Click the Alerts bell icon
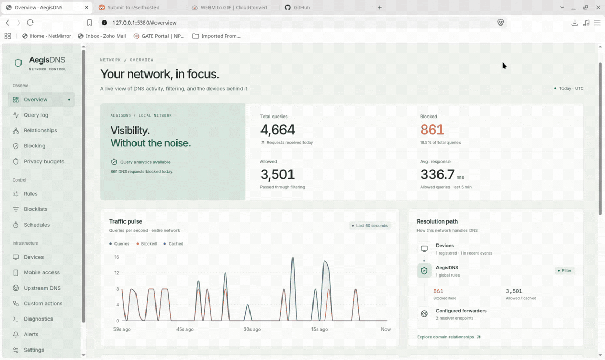pyautogui.click(x=16, y=335)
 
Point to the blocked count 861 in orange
pyautogui.click(x=432, y=130)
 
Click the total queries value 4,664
pyautogui.click(x=277, y=130)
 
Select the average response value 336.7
pyautogui.click(x=437, y=175)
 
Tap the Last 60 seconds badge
pyautogui.click(x=370, y=226)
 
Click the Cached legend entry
pyautogui.click(x=173, y=243)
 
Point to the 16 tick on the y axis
pyautogui.click(x=117, y=257)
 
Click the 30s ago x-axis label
pyautogui.click(x=252, y=329)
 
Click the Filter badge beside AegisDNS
pyautogui.click(x=565, y=271)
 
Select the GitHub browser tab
pyautogui.click(x=297, y=8)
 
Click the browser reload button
pyautogui.click(x=30, y=23)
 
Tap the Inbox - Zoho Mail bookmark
pyautogui.click(x=102, y=36)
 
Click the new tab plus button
pyautogui.click(x=380, y=8)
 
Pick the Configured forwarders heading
pyautogui.click(x=461, y=311)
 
